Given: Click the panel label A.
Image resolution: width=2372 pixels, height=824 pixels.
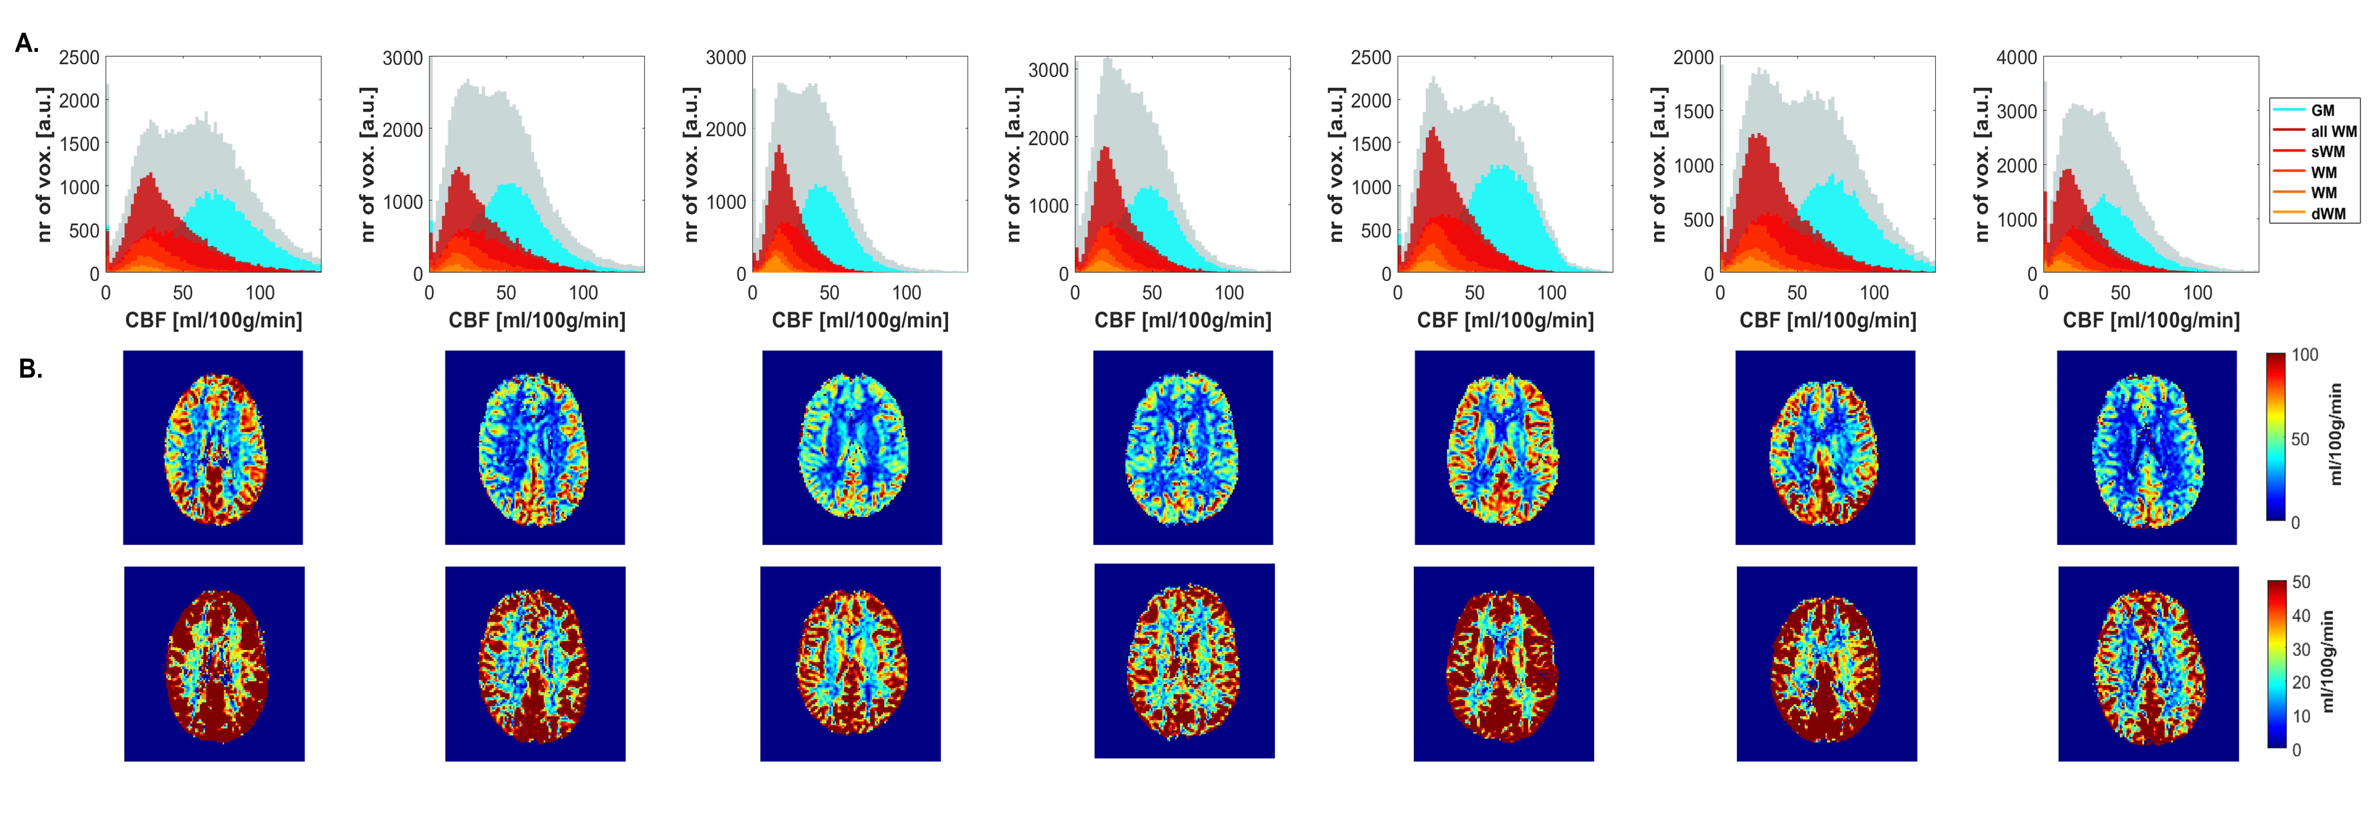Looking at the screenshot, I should [x=27, y=43].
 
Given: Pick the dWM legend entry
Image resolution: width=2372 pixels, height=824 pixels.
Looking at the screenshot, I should [x=2328, y=213].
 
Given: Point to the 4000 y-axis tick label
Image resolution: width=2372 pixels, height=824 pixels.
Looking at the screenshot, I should [x=2016, y=57].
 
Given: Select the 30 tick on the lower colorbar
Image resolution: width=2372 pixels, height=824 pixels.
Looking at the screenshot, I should [x=2301, y=649].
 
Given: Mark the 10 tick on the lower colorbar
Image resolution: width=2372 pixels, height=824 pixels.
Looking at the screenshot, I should [x=2301, y=716].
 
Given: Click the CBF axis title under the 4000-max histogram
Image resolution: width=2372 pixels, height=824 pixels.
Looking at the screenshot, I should [x=2151, y=320].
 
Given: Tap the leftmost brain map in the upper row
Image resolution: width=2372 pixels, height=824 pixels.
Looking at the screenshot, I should [x=213, y=447].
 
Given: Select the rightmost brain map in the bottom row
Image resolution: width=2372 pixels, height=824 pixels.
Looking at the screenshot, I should [x=2148, y=664].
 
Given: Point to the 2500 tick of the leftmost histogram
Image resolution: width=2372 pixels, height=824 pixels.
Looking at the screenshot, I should [x=79, y=57].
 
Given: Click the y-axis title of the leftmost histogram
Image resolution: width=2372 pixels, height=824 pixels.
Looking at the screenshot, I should [x=44, y=166].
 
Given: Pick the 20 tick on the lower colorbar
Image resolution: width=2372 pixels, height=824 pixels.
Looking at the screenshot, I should [x=2301, y=682].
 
